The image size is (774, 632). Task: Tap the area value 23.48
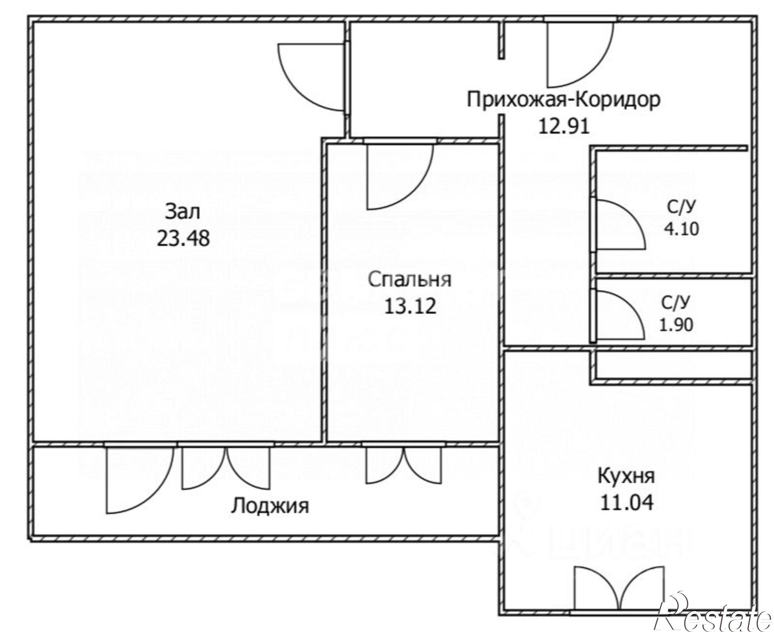coord(183,238)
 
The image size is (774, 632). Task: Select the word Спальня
coord(409,279)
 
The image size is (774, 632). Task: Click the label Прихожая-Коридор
coord(563,100)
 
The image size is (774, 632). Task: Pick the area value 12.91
coord(564,126)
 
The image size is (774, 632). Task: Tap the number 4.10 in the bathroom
coord(682,229)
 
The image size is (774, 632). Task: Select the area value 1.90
coord(676,325)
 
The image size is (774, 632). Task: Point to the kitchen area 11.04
coord(627,503)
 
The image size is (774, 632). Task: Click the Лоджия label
coord(270,506)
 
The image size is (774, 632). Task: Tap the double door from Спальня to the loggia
coord(404,466)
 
